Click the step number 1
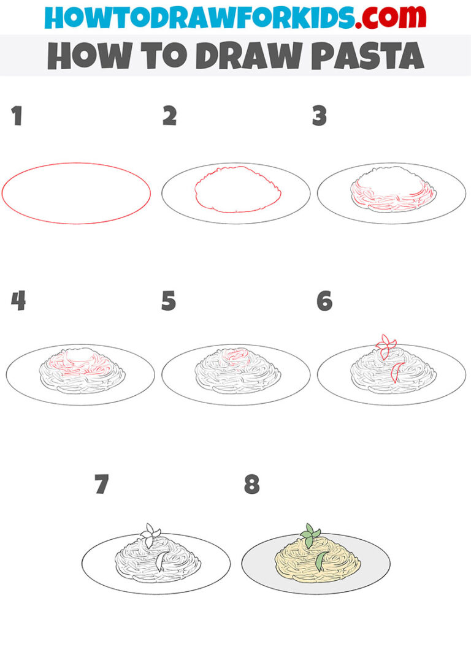(17, 116)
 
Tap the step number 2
(169, 116)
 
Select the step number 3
(320, 116)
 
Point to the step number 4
(18, 301)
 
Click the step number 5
(169, 301)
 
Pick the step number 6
(324, 301)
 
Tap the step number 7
(102, 485)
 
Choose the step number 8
(251, 485)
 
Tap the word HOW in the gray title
(82, 56)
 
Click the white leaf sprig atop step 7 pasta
(150, 534)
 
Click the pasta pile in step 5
(237, 372)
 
